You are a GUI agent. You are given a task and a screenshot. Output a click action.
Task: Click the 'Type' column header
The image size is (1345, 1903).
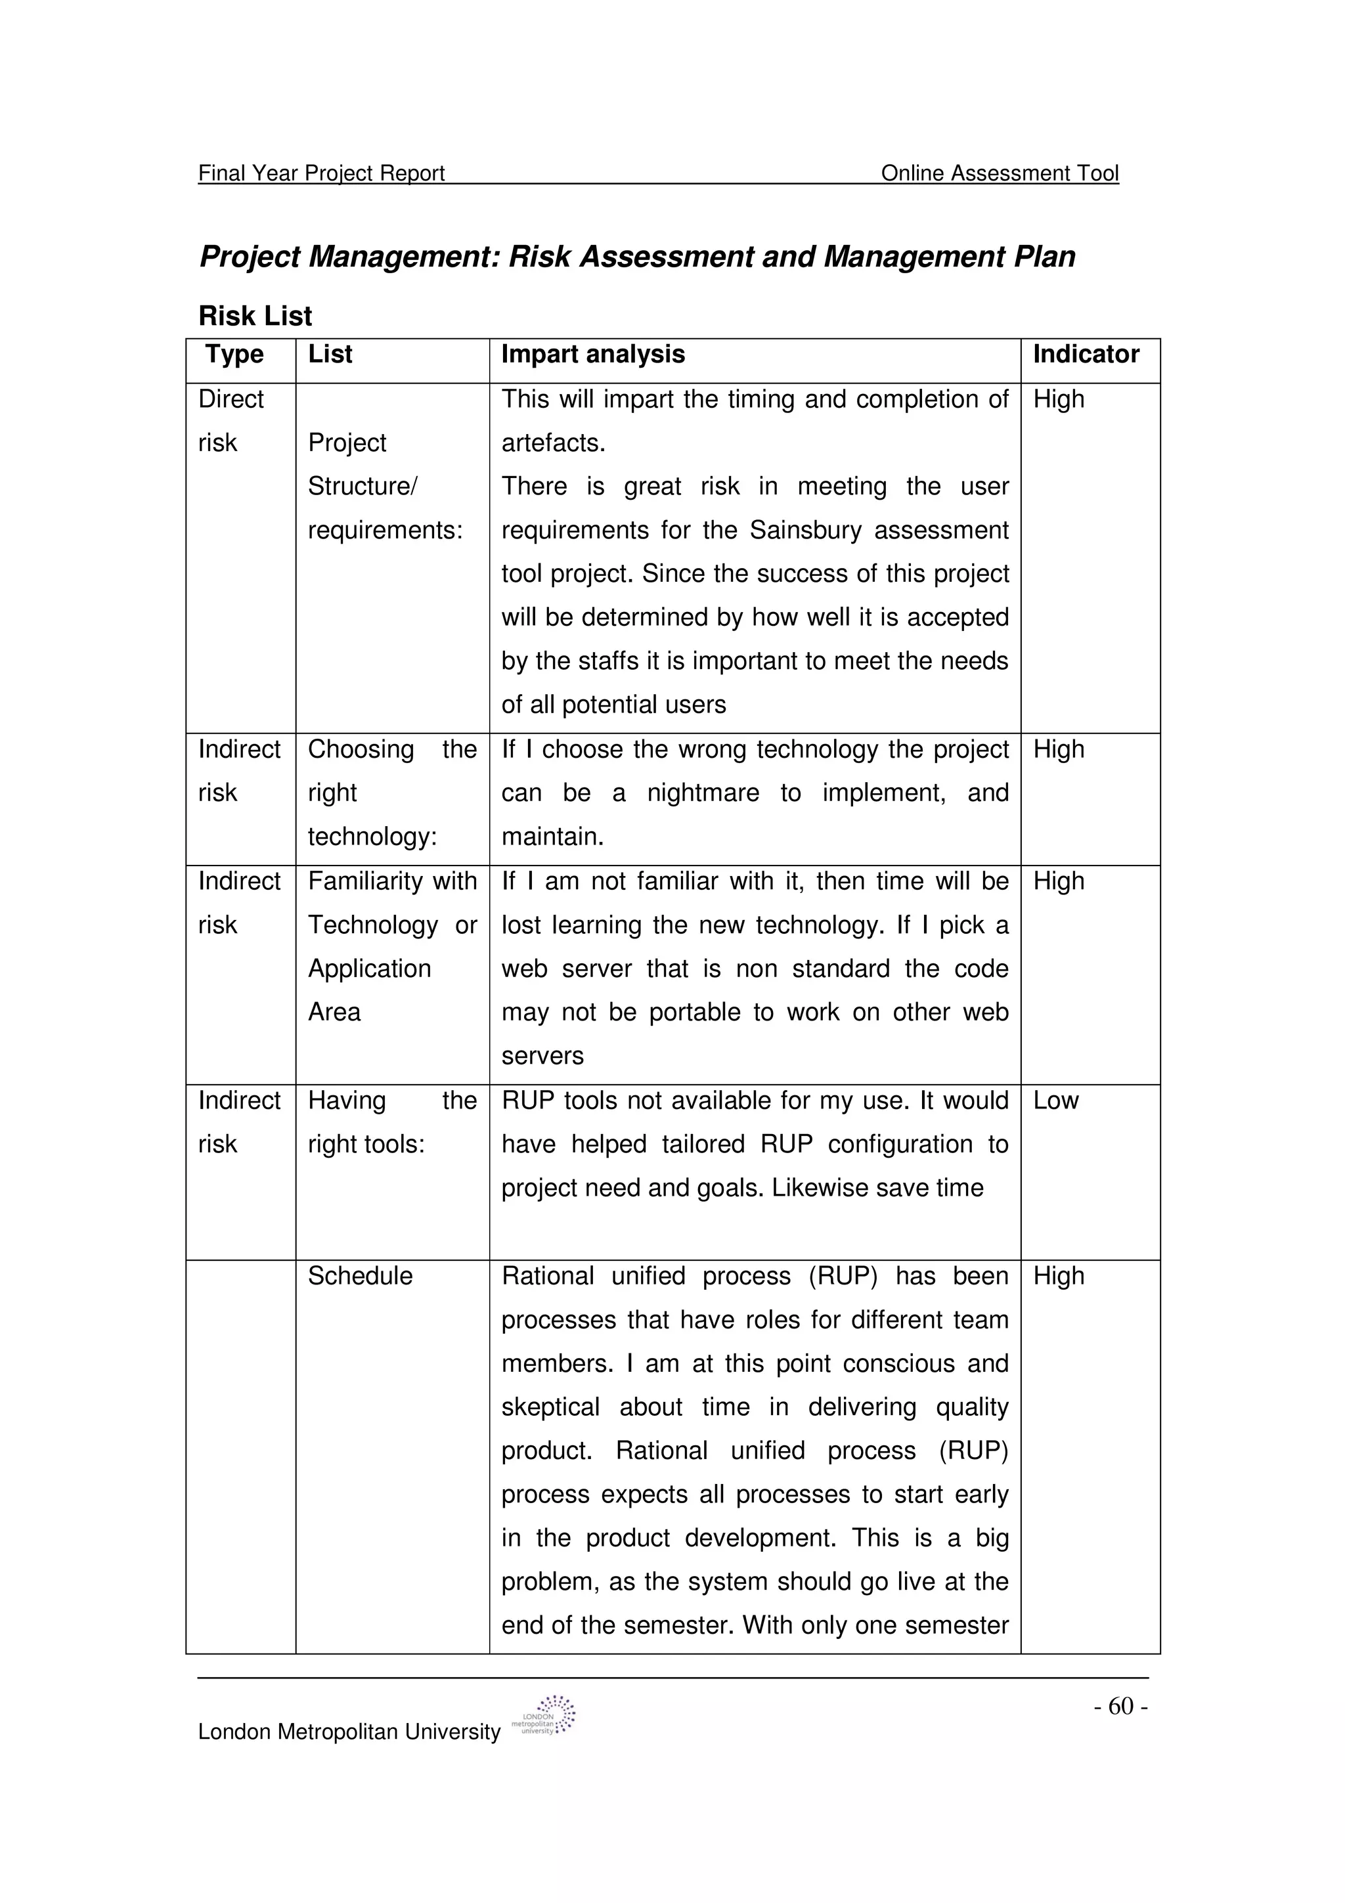tap(234, 354)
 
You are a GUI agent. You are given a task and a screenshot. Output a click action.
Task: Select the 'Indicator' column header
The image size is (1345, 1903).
tap(1086, 354)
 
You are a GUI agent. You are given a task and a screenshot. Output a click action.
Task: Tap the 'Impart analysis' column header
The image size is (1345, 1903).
tap(592, 354)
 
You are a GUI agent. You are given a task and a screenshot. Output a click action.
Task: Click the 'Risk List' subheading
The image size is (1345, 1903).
tap(255, 316)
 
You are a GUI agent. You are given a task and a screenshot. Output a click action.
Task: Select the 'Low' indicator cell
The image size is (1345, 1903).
tap(1056, 1101)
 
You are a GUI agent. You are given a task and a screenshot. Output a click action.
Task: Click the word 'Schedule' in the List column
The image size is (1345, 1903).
tap(360, 1276)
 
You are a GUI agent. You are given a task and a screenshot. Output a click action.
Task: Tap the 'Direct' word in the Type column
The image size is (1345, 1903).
tap(231, 399)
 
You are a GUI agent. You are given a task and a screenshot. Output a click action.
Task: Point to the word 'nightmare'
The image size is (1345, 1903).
tap(703, 793)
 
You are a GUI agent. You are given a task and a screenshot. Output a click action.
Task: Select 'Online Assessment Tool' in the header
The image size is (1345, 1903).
tap(1000, 173)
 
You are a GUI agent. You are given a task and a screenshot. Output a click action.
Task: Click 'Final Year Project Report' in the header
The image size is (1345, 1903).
tap(322, 173)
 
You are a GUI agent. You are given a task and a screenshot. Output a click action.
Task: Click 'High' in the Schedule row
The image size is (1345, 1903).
tap(1058, 1276)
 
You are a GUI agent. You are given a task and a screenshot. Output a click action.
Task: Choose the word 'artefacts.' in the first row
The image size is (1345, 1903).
tap(553, 443)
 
